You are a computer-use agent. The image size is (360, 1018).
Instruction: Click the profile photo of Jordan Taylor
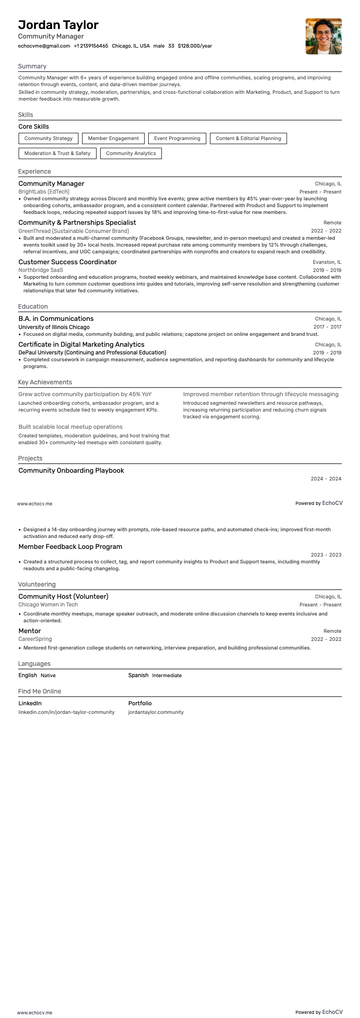point(323,36)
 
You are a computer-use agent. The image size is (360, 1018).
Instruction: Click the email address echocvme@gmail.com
point(44,46)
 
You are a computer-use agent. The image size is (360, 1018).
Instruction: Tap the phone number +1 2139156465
point(91,46)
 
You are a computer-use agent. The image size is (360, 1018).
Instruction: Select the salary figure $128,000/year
point(195,46)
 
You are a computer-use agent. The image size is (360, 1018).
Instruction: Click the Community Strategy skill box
point(49,138)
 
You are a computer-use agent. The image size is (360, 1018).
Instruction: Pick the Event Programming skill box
point(177,138)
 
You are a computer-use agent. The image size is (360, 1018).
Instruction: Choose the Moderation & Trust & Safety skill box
point(57,153)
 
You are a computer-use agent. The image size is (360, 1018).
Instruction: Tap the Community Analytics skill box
point(131,153)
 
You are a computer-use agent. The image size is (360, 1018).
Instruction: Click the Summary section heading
point(32,66)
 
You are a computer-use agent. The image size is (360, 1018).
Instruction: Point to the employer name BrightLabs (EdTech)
point(44,192)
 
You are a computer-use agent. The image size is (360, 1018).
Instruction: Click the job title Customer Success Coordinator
point(68,262)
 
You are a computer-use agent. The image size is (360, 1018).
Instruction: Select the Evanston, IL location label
point(327,262)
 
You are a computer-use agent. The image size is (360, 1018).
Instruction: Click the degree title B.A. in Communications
point(56,319)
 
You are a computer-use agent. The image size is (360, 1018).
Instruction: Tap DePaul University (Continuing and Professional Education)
point(92,353)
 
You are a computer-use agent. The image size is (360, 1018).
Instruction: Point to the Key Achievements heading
point(45,382)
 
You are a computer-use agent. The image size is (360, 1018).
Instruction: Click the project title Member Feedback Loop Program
point(70,547)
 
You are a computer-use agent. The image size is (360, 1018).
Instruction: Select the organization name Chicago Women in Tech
point(48,605)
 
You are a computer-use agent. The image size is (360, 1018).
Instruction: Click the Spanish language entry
point(138,675)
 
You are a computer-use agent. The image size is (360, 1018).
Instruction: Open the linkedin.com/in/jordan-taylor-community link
point(66,712)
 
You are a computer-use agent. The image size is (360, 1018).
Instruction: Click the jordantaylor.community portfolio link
point(156,712)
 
